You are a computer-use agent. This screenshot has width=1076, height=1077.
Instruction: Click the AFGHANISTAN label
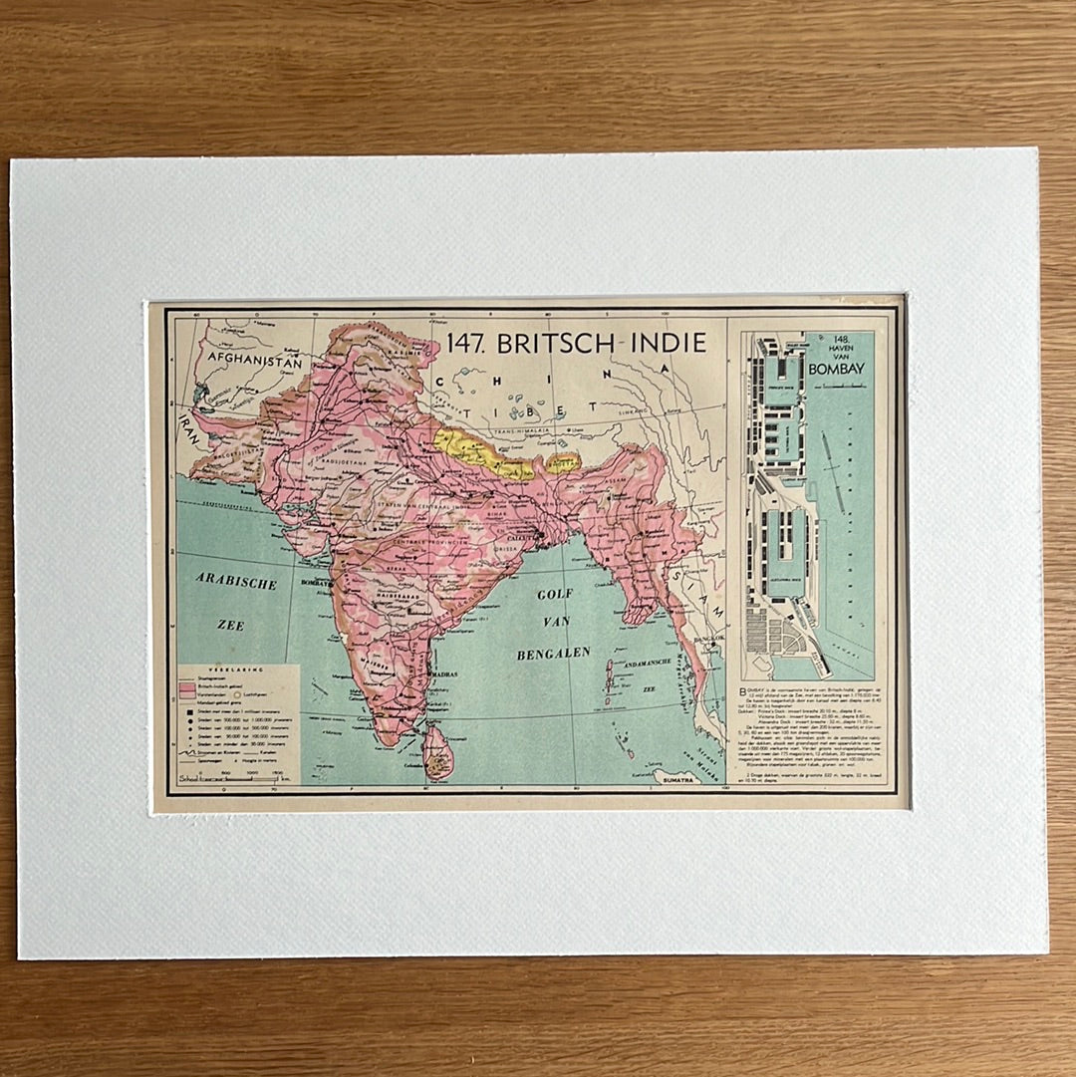pyautogui.click(x=254, y=364)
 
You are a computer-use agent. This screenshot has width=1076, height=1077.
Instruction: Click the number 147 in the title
pyautogui.click(x=465, y=344)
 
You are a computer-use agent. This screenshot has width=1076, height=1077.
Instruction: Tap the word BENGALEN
pyautogui.click(x=554, y=654)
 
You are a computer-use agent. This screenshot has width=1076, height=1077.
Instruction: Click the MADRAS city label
pyautogui.click(x=444, y=674)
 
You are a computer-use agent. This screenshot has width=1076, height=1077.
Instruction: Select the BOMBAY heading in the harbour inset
pyautogui.click(x=837, y=369)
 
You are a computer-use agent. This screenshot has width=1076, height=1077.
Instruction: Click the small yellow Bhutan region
pyautogui.click(x=563, y=462)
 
